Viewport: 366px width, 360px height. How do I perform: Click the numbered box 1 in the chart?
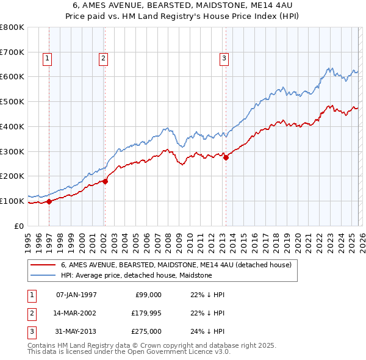coord(47,59)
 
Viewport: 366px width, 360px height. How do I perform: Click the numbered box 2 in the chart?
coord(103,59)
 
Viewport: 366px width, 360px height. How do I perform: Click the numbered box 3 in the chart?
coord(224,59)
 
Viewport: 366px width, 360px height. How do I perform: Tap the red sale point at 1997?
coord(49,201)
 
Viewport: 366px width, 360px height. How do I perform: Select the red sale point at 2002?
coord(105,181)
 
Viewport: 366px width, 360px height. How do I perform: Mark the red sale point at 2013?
coord(226,157)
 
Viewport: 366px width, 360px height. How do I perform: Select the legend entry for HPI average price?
coord(136,275)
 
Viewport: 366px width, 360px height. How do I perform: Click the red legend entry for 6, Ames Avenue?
coord(176,265)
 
